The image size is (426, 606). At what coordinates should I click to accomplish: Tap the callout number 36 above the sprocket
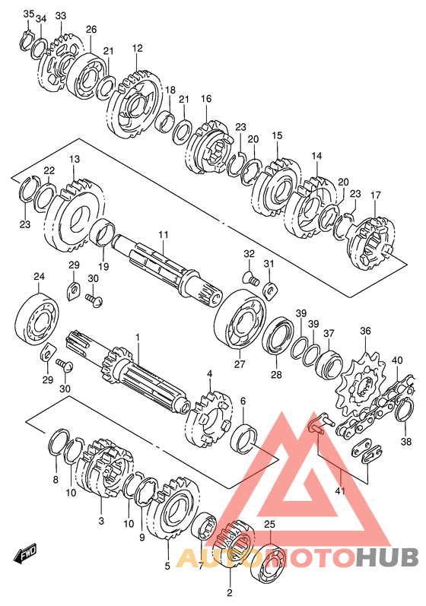pyautogui.click(x=365, y=331)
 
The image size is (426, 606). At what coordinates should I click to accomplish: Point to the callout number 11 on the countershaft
pyautogui.click(x=163, y=234)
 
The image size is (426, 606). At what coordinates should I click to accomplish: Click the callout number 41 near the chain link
pyautogui.click(x=340, y=491)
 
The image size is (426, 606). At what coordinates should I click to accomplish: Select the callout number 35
pyautogui.click(x=29, y=14)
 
